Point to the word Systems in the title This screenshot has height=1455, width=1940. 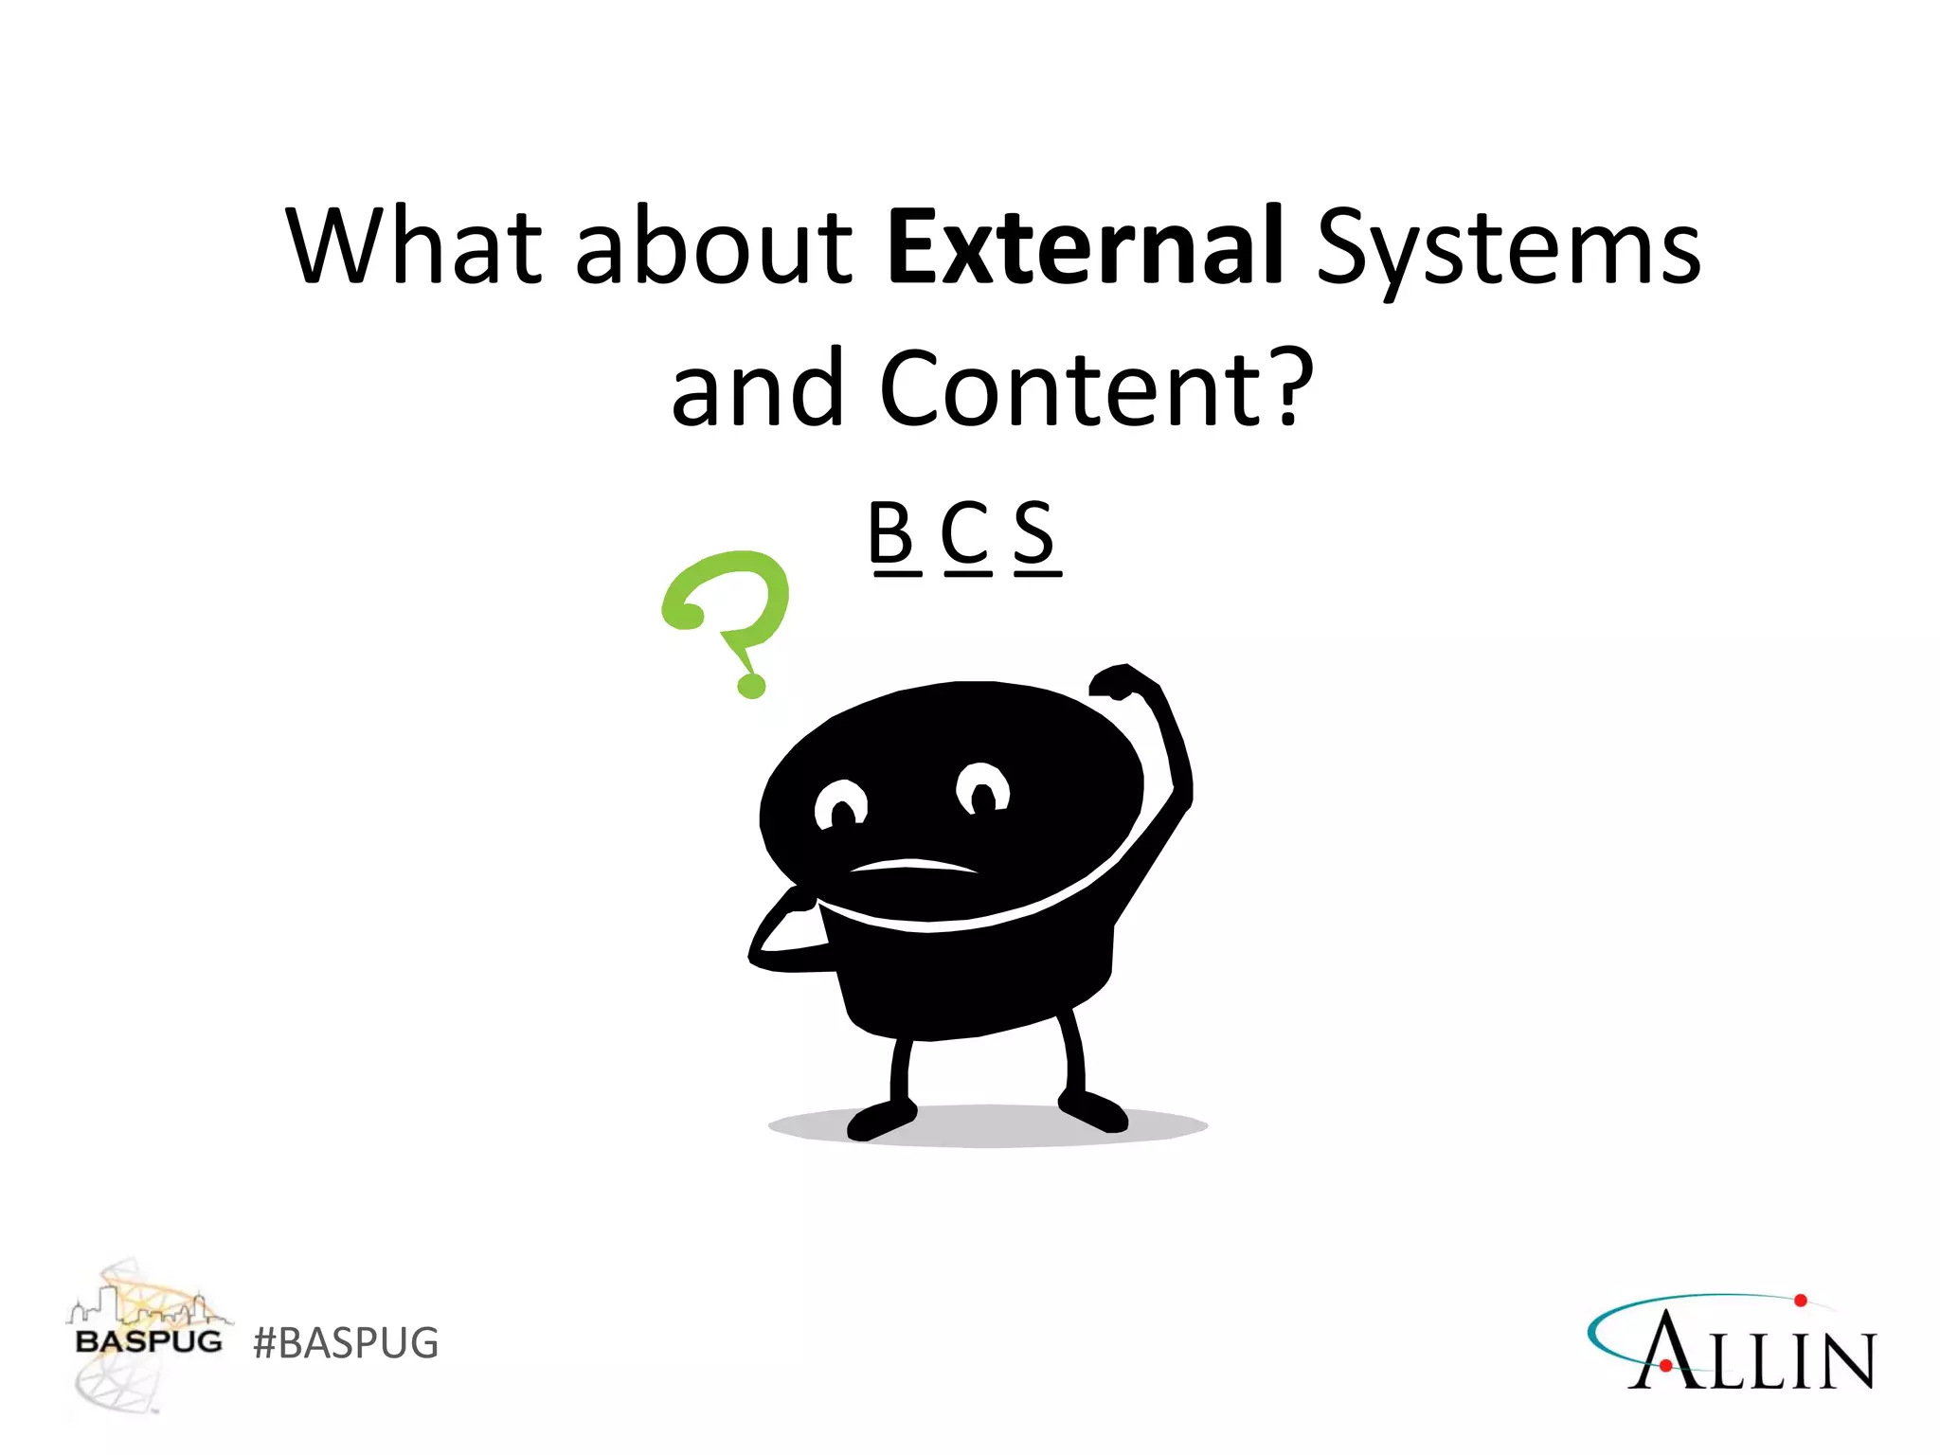point(1508,248)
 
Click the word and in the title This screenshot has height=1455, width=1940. point(757,388)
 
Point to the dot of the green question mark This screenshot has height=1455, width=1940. point(751,684)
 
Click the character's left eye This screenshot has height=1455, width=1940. point(840,805)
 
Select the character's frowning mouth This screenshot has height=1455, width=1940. point(911,865)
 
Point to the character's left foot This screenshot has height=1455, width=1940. point(881,1120)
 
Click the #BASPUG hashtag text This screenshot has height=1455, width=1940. point(346,1343)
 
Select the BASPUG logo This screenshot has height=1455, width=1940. point(148,1336)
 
